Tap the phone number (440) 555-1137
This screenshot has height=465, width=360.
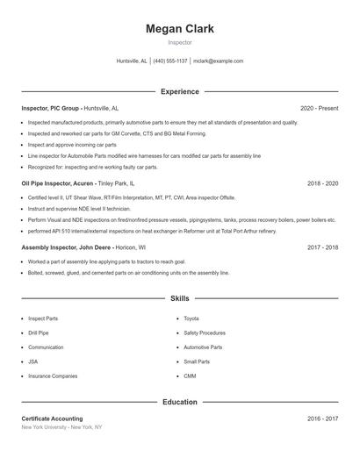click(170, 61)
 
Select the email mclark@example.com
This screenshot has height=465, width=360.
click(218, 61)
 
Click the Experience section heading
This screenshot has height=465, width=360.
click(179, 91)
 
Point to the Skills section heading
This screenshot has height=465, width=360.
click(179, 299)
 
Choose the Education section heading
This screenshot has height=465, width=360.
click(179, 402)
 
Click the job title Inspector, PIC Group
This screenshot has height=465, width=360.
click(51, 108)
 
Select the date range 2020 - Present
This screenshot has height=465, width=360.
click(319, 108)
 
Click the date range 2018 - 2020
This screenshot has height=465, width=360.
click(322, 184)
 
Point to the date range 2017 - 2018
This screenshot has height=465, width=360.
click(322, 247)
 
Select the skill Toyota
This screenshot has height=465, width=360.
click(191, 318)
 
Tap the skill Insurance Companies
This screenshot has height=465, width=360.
click(53, 376)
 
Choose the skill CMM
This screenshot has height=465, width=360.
click(190, 376)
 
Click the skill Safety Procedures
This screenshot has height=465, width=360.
click(204, 333)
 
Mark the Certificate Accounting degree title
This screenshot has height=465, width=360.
click(52, 418)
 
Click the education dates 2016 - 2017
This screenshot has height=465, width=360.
click(322, 418)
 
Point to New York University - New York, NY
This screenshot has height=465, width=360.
click(61, 427)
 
